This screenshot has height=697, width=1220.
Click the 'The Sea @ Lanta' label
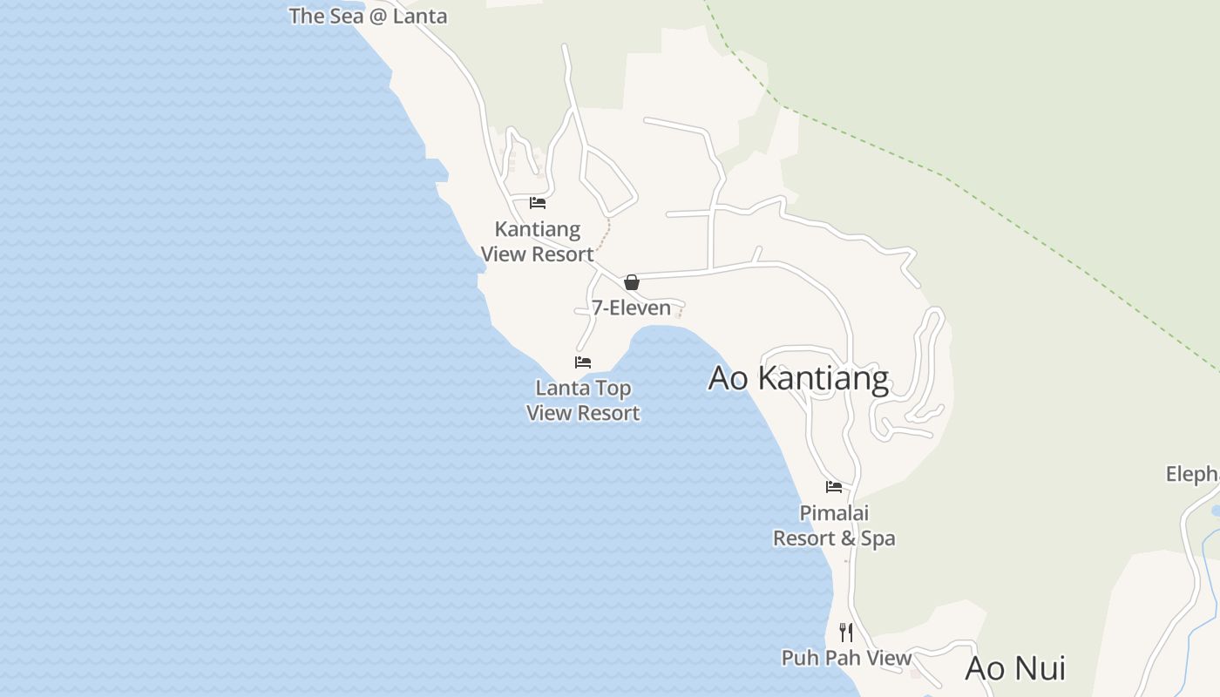coord(368,16)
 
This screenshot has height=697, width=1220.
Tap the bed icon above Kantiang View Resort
coord(538,203)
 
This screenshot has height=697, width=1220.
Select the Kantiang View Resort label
coord(538,241)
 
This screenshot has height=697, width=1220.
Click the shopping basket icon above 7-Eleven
coord(632,282)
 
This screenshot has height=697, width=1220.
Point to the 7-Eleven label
coord(631,308)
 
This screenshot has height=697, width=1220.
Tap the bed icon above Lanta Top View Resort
coord(583,362)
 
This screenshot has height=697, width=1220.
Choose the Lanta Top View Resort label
coord(583,401)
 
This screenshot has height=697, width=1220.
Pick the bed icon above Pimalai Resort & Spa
coord(834,487)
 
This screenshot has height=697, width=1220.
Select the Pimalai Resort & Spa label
coord(834,525)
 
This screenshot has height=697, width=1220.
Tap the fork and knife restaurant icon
coord(845,632)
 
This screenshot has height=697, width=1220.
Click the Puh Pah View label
coord(846,658)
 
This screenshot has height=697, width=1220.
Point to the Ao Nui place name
coord(1015,669)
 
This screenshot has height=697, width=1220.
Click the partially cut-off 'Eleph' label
coord(1192,474)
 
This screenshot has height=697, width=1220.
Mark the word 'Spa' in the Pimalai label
coord(878,538)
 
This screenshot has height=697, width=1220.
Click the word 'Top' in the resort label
coord(613,388)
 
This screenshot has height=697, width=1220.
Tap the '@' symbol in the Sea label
coord(378,17)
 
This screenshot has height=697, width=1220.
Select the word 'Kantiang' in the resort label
coord(538,229)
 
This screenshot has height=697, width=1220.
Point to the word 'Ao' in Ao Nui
coord(986,669)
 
